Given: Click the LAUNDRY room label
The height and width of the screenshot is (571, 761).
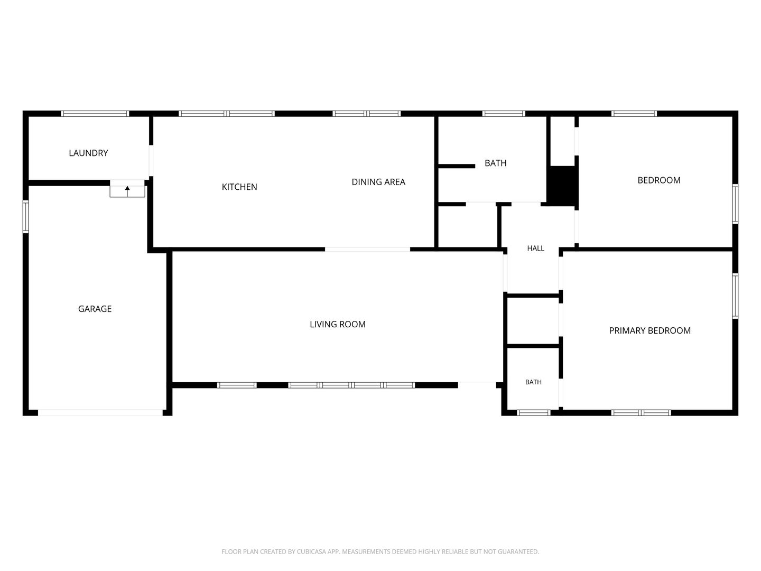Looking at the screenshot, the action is (x=88, y=153).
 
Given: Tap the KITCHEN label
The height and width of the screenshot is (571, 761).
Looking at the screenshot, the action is (x=239, y=187).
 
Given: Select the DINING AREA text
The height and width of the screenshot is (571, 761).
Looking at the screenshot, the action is (x=378, y=182).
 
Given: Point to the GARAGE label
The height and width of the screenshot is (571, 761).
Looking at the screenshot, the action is (x=95, y=309).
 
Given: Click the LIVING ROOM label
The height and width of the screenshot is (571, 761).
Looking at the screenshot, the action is (x=337, y=324).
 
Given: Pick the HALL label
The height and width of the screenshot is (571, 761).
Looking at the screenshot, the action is (x=535, y=248).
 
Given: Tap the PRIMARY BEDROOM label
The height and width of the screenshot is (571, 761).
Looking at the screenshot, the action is (x=649, y=330).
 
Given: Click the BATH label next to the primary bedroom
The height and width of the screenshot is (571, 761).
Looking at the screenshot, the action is (x=533, y=382).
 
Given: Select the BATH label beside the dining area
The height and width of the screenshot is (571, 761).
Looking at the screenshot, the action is (x=495, y=163).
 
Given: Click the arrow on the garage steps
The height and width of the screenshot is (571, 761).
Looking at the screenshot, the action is (x=127, y=191).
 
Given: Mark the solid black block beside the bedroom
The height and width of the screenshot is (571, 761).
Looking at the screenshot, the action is (x=562, y=186).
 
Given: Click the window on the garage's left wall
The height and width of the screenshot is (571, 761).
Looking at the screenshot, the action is (x=26, y=216).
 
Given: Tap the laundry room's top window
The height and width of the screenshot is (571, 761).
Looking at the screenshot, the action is (x=95, y=114).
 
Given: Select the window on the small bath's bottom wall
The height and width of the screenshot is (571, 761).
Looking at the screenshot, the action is (x=533, y=412).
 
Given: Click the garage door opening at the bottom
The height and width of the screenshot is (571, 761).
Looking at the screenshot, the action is (x=100, y=412).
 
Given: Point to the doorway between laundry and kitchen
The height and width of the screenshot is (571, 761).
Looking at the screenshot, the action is (x=151, y=161).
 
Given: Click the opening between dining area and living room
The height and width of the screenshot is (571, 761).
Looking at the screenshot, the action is (x=367, y=249).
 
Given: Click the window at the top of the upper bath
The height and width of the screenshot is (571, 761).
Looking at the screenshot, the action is (x=504, y=114).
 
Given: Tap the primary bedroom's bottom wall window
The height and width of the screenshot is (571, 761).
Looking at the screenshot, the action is (x=641, y=412).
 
